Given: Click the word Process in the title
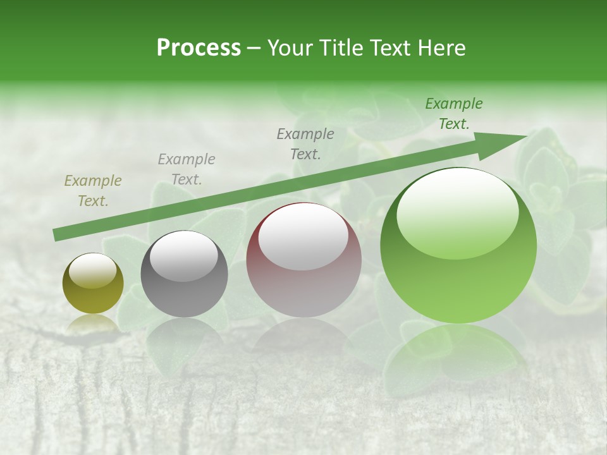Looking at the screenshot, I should (199, 47).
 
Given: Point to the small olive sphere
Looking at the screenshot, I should (93, 284).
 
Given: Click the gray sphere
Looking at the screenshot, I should (184, 274).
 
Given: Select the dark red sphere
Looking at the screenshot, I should (303, 260).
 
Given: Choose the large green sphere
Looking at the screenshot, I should (458, 245).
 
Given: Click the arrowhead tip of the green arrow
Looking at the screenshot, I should (526, 136).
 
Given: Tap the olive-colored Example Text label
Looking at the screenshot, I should (93, 191).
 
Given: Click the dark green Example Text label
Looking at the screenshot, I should (454, 114).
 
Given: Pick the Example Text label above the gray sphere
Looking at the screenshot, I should (187, 169).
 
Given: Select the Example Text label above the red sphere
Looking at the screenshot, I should (305, 143).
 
